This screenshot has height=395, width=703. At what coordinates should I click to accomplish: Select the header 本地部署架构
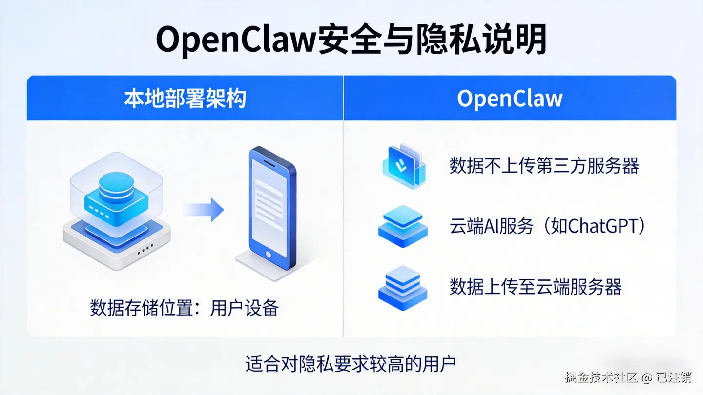click(x=185, y=99)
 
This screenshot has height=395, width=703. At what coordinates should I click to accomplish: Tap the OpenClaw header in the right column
click(x=510, y=99)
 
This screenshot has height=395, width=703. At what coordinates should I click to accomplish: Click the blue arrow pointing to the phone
click(x=204, y=210)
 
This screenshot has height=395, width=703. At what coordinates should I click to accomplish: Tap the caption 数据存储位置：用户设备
click(x=185, y=308)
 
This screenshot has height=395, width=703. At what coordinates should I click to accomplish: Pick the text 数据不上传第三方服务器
click(x=544, y=166)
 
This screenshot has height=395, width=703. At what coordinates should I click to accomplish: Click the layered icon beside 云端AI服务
click(x=403, y=226)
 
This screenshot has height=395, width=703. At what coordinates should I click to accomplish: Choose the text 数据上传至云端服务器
click(x=536, y=287)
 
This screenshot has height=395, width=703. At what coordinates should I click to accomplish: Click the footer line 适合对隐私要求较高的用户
click(x=351, y=364)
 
